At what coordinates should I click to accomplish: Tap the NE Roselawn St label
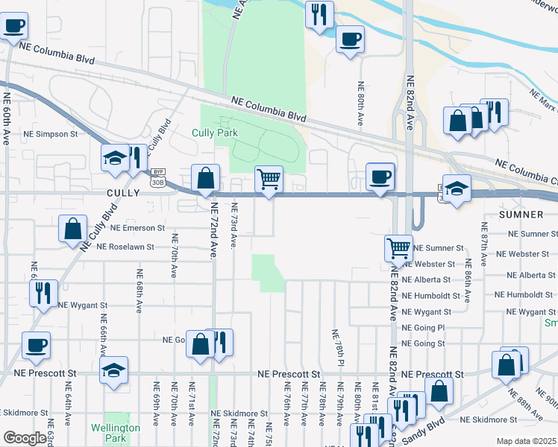pyautogui.click(x=125, y=247)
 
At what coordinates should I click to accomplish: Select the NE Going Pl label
pyautogui.click(x=423, y=328)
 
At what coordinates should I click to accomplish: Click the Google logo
pyautogui.click(x=25, y=438)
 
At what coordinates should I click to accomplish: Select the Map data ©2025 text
pyautogui.click(x=526, y=441)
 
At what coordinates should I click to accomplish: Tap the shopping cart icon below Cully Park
pyautogui.click(x=269, y=179)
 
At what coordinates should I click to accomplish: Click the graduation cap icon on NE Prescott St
pyautogui.click(x=113, y=370)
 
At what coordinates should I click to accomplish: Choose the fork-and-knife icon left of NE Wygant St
pyautogui.click(x=43, y=292)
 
